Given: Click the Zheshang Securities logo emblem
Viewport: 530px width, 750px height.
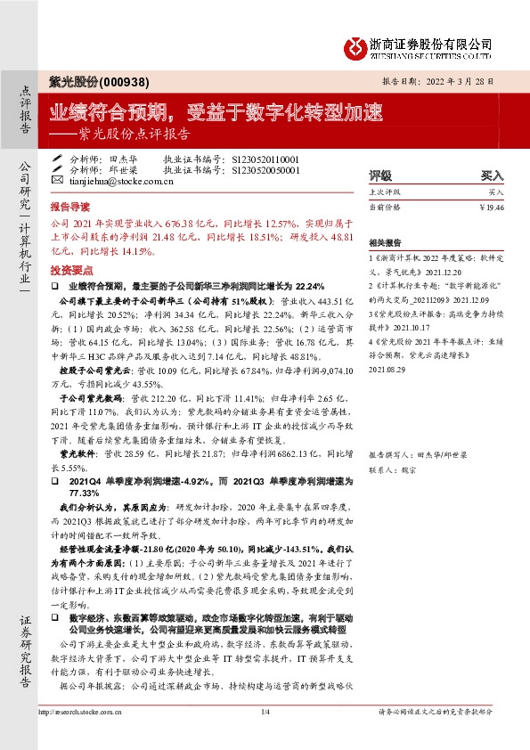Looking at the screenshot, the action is (356, 45).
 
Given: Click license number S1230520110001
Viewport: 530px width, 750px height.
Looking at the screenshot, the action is (265, 159).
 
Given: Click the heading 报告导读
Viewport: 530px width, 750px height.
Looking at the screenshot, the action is (69, 204).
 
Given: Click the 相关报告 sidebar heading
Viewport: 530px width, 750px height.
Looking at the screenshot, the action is (385, 241).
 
